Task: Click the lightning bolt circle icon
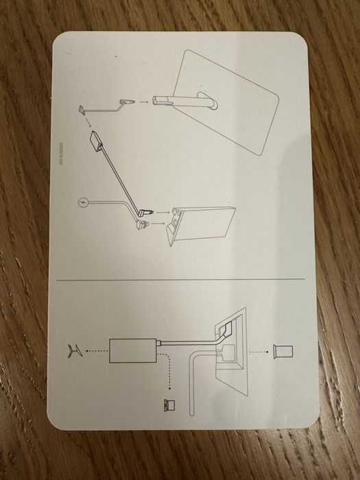(84, 204)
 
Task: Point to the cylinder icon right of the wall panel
(283, 351)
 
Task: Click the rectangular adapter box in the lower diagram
(133, 351)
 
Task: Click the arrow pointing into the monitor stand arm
(145, 101)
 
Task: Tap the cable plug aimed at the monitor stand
(123, 102)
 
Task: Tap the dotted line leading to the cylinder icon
(256, 351)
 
